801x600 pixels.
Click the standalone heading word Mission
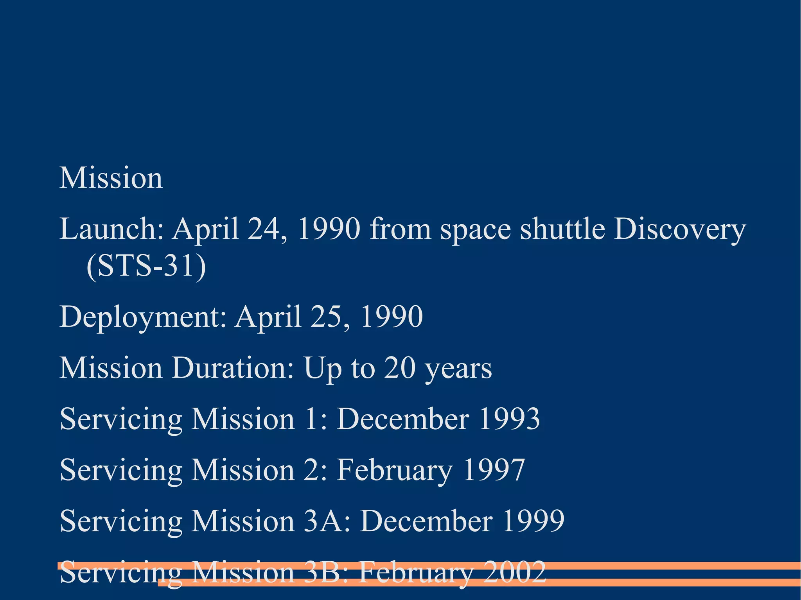pyautogui.click(x=111, y=178)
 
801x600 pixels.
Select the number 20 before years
pyautogui.click(x=399, y=368)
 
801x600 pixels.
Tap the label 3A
pyautogui.click(x=326, y=521)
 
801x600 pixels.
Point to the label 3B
pyautogui.click(x=325, y=572)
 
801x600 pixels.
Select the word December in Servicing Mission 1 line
pyautogui.click(x=403, y=419)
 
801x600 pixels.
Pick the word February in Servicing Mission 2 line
pyautogui.click(x=395, y=470)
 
